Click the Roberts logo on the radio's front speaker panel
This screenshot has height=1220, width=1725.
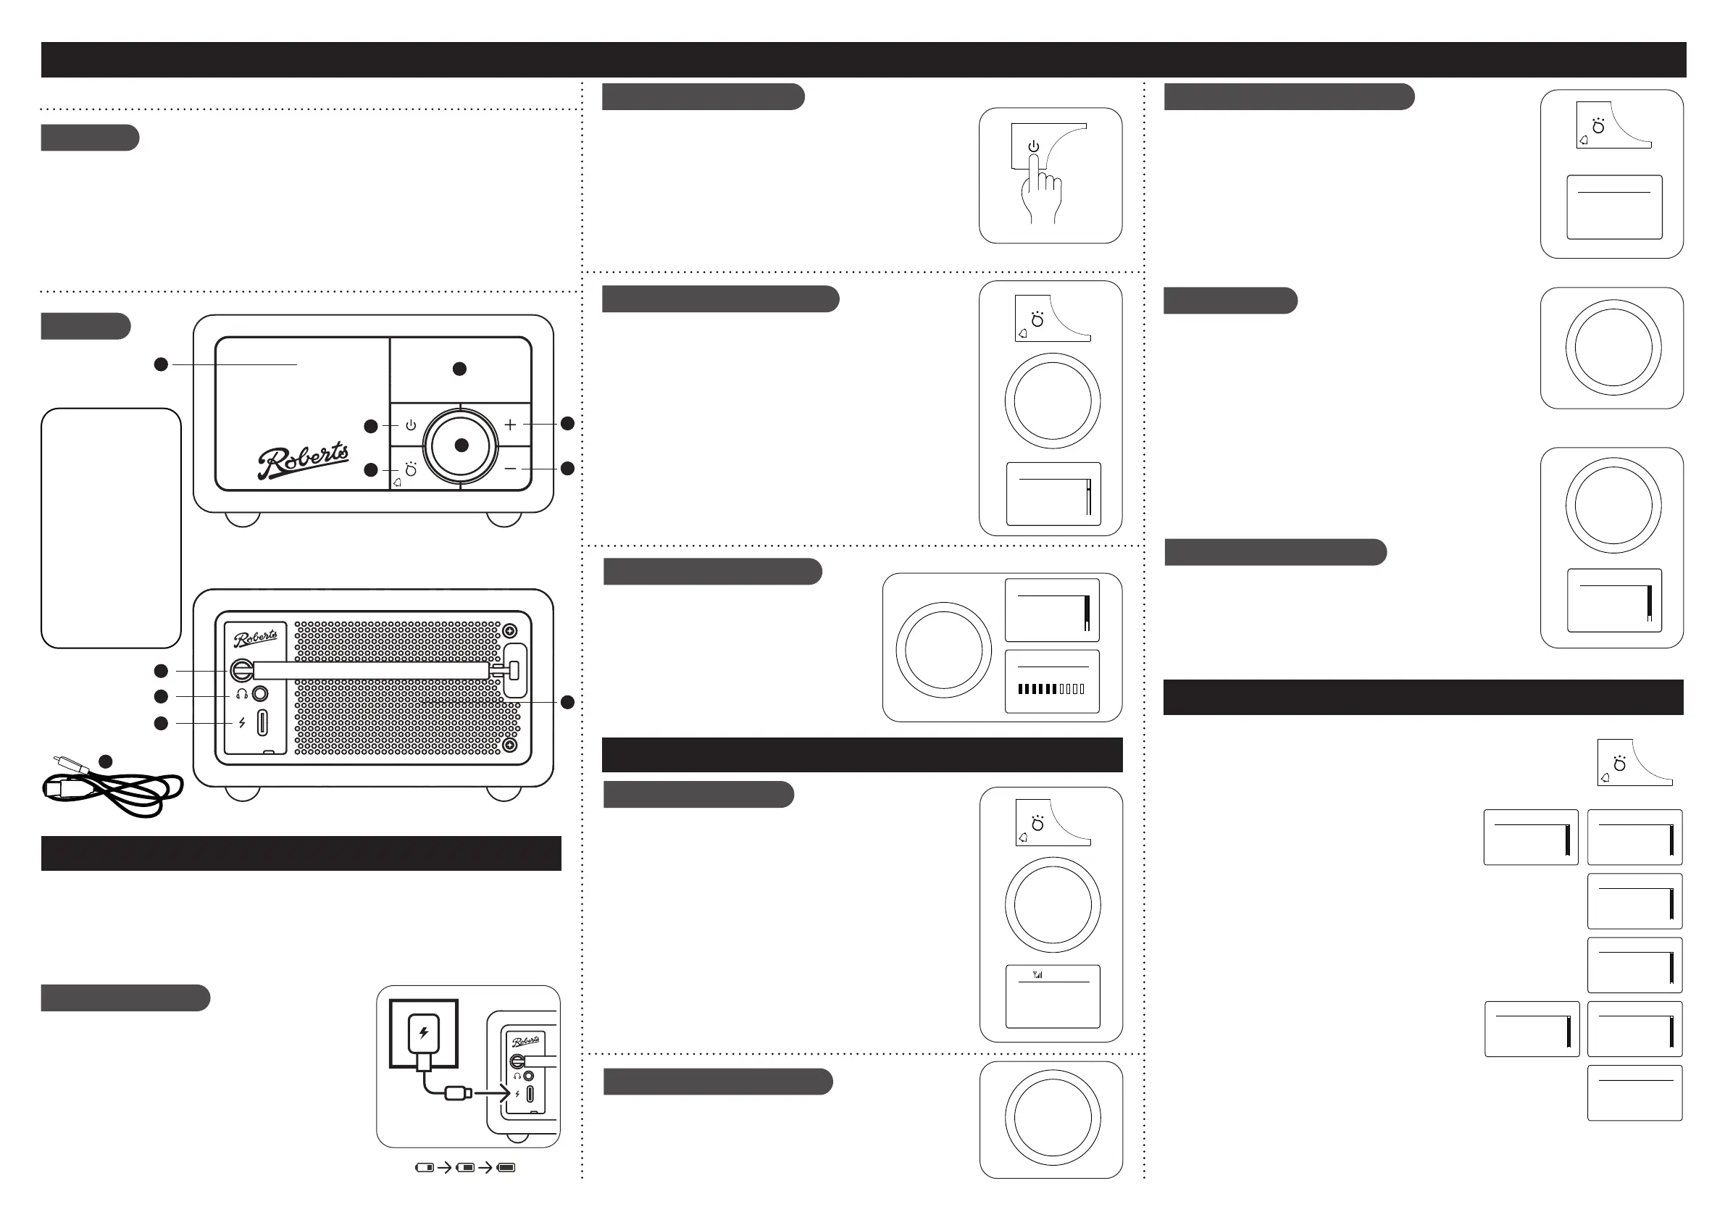tap(303, 460)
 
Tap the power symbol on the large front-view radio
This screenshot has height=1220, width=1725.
tap(411, 425)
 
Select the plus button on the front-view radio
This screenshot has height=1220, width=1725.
tap(510, 425)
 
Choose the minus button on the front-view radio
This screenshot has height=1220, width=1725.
tap(510, 469)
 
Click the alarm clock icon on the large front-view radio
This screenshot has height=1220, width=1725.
tap(410, 470)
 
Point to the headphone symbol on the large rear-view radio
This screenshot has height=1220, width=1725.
tap(242, 694)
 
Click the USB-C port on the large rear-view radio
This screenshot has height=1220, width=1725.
tap(262, 723)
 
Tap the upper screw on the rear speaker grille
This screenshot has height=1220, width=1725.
tap(509, 630)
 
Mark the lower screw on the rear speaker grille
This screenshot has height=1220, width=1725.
tap(509, 745)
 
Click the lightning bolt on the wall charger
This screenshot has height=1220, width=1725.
tap(423, 1033)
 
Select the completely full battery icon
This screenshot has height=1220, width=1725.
tap(506, 1167)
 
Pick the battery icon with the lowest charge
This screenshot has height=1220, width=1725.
tap(425, 1167)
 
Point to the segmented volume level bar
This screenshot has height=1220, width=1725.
tap(1051, 689)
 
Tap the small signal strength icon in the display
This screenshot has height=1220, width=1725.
tap(1037, 975)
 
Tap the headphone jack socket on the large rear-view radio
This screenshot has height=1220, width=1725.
tap(260, 693)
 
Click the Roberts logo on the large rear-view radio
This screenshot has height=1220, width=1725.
tap(256, 638)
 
